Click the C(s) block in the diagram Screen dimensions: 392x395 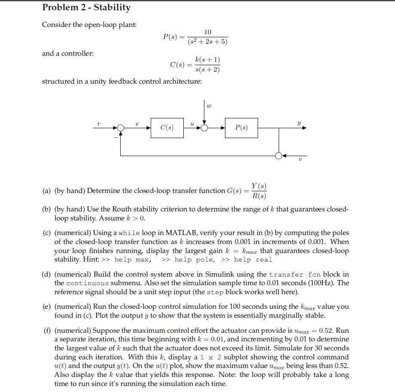pyautogui.click(x=167, y=128)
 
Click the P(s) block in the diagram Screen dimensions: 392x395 pyautogui.click(x=241, y=128)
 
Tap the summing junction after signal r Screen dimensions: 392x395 pyautogui.click(x=121, y=128)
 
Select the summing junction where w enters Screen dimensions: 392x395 pyautogui.click(x=205, y=128)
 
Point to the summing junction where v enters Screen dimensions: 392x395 pyautogui.click(x=279, y=155)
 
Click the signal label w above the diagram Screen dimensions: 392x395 pyautogui.click(x=209, y=105)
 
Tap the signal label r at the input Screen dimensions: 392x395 pyautogui.click(x=99, y=124)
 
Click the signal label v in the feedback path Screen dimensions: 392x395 pyautogui.click(x=300, y=160)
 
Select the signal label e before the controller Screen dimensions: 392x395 pyautogui.click(x=137, y=124)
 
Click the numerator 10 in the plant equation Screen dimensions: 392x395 pyautogui.click(x=208, y=32)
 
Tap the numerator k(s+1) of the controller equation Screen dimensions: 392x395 pyautogui.click(x=207, y=60)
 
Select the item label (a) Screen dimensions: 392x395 pyautogui.click(x=46, y=191)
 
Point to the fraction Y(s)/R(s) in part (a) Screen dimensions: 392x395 pyautogui.click(x=258, y=191)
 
